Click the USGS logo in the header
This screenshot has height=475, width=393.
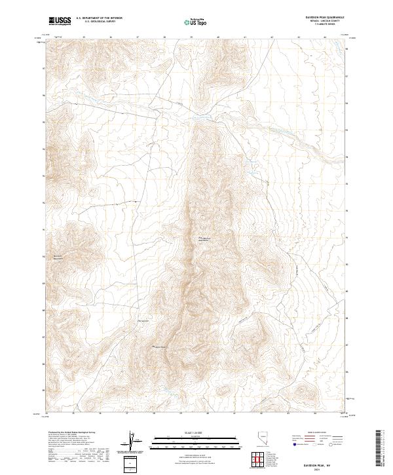(x=60, y=21)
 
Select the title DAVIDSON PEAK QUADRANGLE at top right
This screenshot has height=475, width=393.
(x=322, y=18)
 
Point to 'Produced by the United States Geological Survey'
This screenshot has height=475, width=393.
(x=73, y=432)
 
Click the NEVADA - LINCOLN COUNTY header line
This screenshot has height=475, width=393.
(x=322, y=22)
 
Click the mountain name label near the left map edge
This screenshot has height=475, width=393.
(x=56, y=256)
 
